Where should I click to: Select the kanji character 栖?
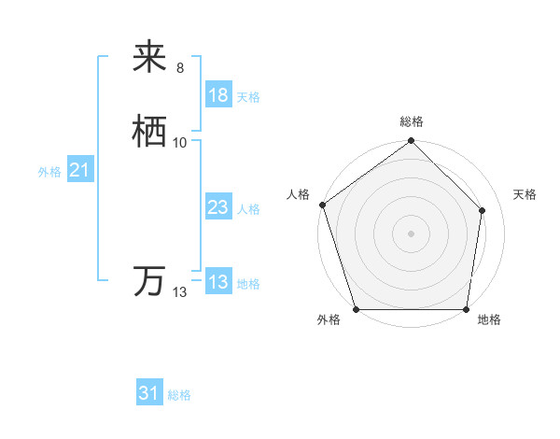pos(150,132)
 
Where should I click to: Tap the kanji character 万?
pos(150,281)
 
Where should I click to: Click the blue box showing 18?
pos(218,95)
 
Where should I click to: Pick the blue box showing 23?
pos(218,207)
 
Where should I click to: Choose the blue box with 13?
pos(218,282)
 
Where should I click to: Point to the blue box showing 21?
pos(79,170)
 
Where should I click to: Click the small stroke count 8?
pos(180,68)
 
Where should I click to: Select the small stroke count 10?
pos(180,143)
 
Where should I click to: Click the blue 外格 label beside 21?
pos(49,172)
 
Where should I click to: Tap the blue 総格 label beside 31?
pos(179,395)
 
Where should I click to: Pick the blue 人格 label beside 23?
pos(248,209)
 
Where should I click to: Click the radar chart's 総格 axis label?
pos(412,121)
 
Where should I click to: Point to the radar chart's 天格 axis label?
pos(525,194)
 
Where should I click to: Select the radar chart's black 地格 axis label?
pos(489,320)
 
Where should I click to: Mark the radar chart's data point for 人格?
pos(322,205)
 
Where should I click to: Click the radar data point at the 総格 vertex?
pos(411,141)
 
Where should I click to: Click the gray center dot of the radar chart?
pos(411,233)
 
